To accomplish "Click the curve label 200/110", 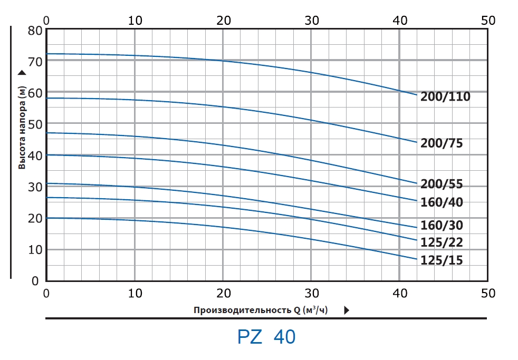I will (445, 96).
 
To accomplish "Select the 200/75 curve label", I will (442, 143).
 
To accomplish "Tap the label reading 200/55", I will (442, 184).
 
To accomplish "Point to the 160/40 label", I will (442, 202).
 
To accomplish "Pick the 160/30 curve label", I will (442, 226).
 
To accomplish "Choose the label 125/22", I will (442, 242).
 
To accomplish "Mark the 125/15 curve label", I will (442, 260).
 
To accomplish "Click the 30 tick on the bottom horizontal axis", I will (312, 293).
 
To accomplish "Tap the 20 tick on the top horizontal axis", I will (224, 21).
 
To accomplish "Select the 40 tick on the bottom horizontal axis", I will (400, 293).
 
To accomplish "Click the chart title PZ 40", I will (266, 337).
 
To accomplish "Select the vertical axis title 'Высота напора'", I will (22, 127).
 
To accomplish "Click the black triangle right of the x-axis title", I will (347, 310).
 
